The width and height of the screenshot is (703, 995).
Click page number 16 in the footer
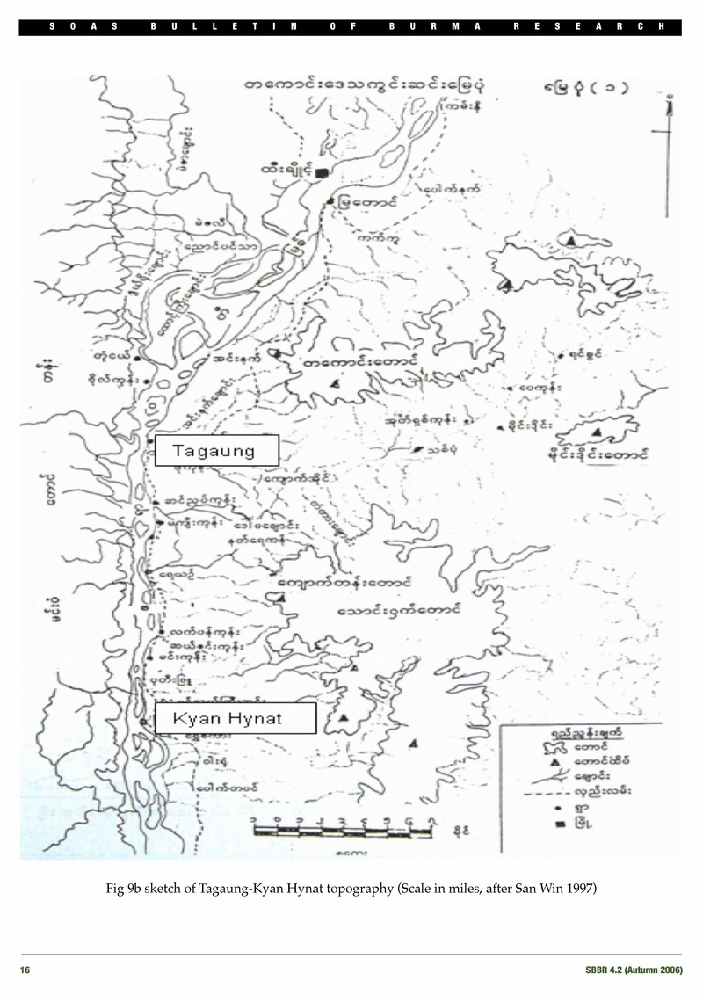coord(25,969)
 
